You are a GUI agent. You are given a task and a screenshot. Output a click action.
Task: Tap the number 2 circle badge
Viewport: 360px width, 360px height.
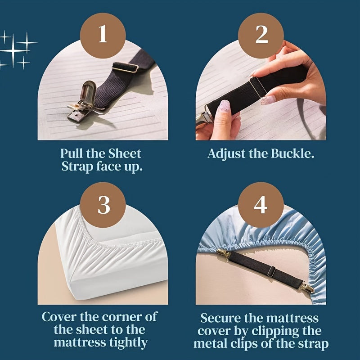coord(261,35)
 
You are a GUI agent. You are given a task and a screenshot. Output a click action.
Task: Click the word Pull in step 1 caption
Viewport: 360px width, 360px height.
coord(72,153)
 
